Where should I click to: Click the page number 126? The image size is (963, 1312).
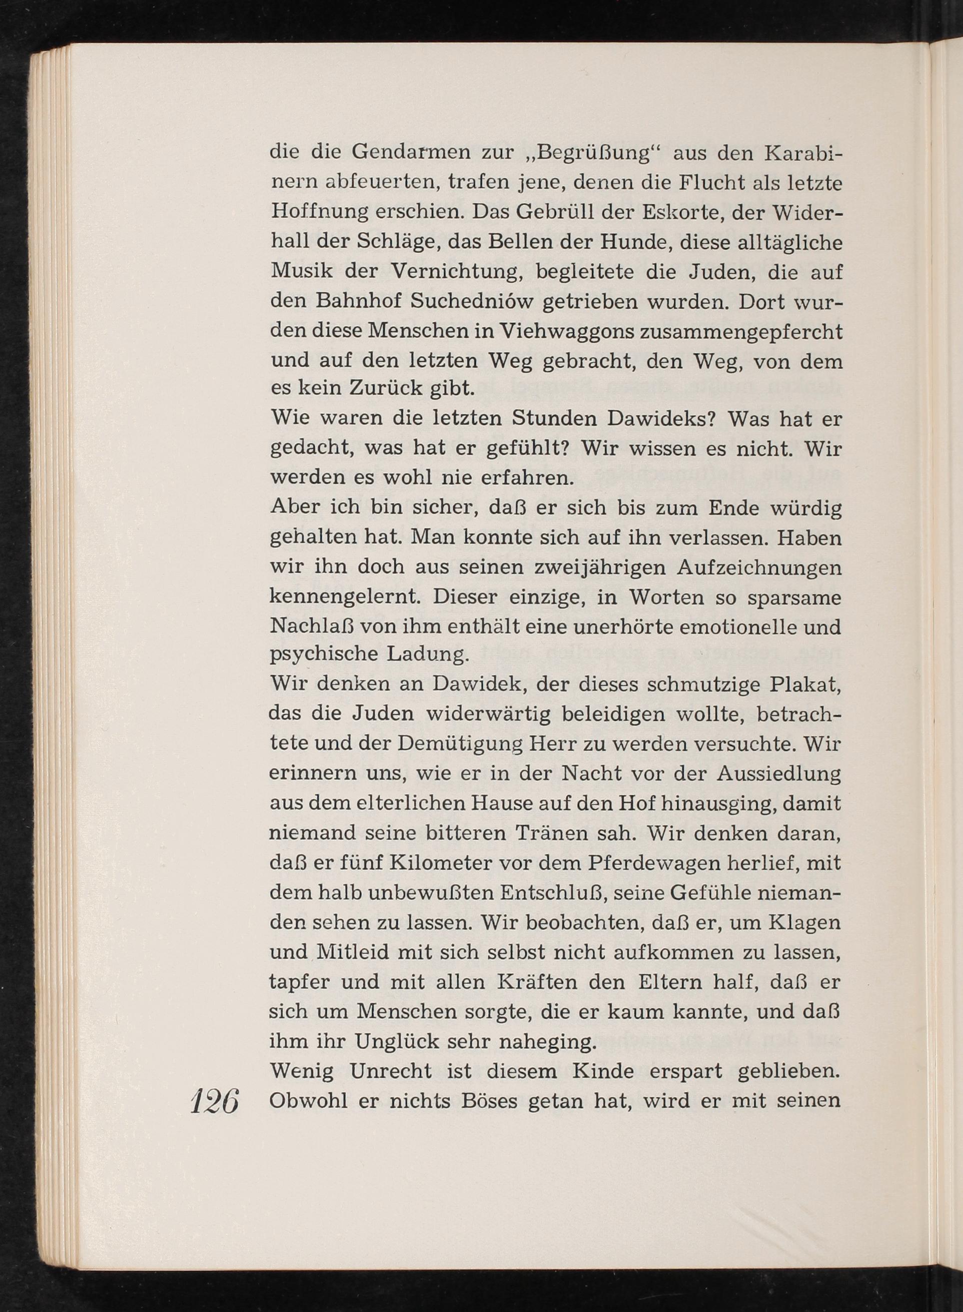[215, 1101]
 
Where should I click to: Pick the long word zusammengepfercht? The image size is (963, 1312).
[741, 332]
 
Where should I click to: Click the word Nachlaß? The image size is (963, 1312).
[311, 627]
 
